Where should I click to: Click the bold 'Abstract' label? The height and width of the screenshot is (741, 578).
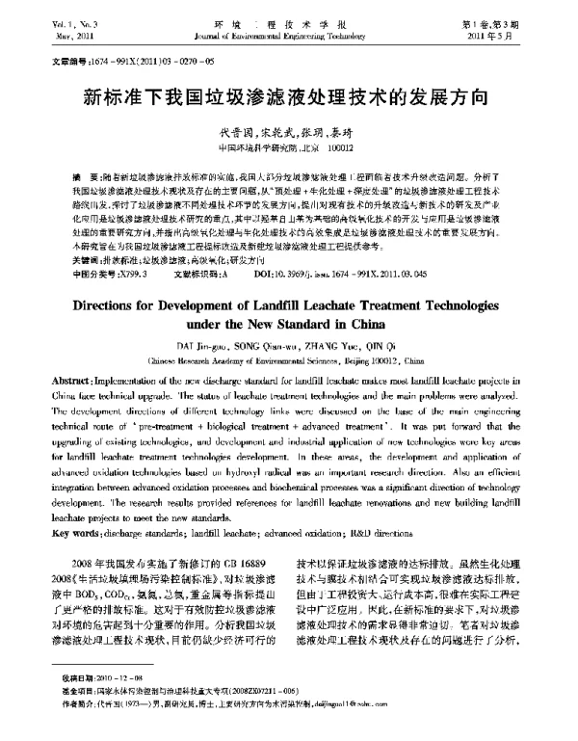click(71, 384)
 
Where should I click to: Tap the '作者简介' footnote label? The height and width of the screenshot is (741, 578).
click(64, 703)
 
